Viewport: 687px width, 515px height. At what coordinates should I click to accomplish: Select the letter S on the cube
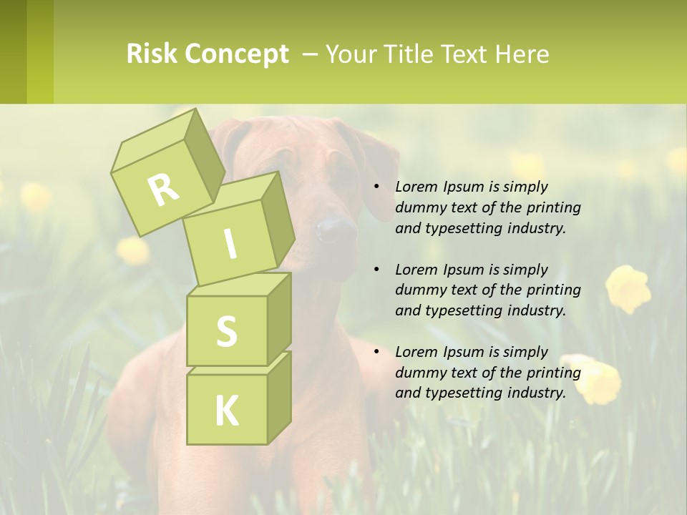point(226,331)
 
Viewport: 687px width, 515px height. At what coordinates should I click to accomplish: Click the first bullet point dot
point(376,187)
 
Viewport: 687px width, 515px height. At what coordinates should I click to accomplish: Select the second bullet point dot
point(376,270)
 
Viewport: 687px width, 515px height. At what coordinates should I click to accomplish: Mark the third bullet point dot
point(376,352)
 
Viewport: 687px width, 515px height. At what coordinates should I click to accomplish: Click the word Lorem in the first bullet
point(416,187)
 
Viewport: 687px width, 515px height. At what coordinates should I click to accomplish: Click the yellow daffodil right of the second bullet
point(628,288)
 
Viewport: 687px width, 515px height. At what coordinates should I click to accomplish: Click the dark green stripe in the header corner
point(13,51)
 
